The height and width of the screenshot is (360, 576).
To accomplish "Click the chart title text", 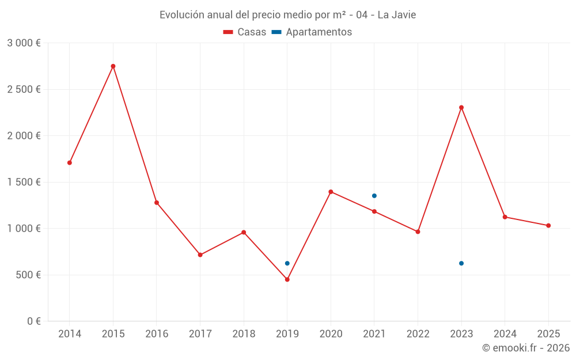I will pos(287,14).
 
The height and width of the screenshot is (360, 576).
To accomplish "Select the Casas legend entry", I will pos(245,32).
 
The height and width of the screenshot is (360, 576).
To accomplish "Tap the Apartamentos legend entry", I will pos(312,32).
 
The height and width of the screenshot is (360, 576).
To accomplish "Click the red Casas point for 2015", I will pos(113,66).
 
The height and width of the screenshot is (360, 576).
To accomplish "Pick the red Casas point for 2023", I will pos(461,108).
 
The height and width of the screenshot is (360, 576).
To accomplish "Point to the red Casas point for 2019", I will pos(287,279).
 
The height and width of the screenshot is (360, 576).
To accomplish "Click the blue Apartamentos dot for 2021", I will pos(374,196).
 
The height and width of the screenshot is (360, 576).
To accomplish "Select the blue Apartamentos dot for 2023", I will pos(461,263).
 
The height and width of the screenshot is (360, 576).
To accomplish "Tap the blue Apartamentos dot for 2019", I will pos(287,263).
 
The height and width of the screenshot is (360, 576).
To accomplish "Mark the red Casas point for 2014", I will pos(70,162).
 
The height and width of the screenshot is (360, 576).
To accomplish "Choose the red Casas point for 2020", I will pos(331,192).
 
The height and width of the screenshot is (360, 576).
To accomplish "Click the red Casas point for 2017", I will pos(200,255).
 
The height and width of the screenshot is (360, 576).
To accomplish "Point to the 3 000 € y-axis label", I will pos(24,43).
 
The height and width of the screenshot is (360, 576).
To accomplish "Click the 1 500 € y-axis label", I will pos(24,182).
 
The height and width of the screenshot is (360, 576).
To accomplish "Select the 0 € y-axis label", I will pos(34,321).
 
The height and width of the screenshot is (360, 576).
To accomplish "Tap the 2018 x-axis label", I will pos(244,334).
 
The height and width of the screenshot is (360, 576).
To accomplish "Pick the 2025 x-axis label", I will pos(548,334).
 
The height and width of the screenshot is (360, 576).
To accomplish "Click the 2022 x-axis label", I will pos(418,334).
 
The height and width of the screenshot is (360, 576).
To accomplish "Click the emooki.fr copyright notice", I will pos(526,348).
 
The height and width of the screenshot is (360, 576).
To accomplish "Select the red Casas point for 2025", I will pos(548,226).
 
